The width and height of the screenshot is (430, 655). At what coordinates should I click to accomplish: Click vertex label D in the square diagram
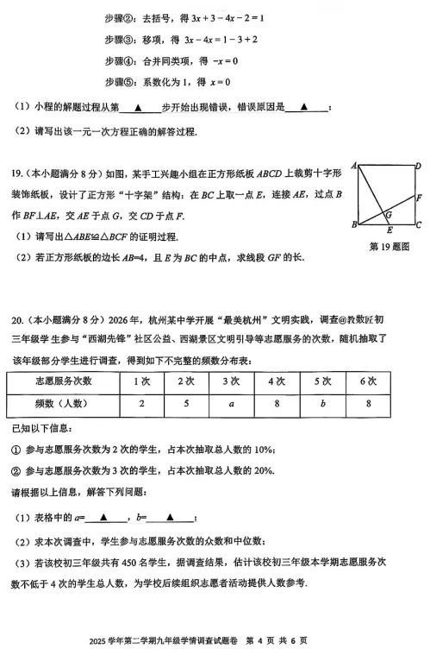pyautogui.click(x=416, y=166)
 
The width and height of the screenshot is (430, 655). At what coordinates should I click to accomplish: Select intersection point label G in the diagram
pyautogui.click(x=389, y=214)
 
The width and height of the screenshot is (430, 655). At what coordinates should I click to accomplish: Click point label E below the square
pyautogui.click(x=389, y=230)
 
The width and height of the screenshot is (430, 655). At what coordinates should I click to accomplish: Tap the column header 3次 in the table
pyautogui.click(x=231, y=381)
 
